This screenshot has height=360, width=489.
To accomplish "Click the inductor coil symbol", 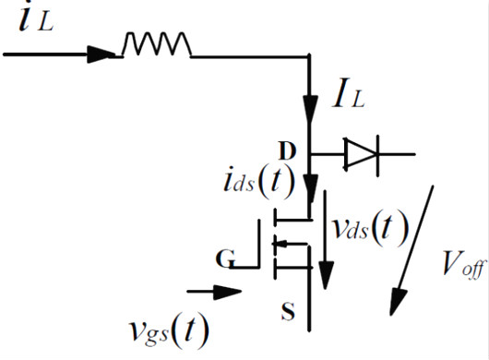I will coord(156,43).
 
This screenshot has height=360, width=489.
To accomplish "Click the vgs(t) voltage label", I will coord(171,330).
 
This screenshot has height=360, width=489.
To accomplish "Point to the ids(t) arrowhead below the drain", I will coord(312,196).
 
